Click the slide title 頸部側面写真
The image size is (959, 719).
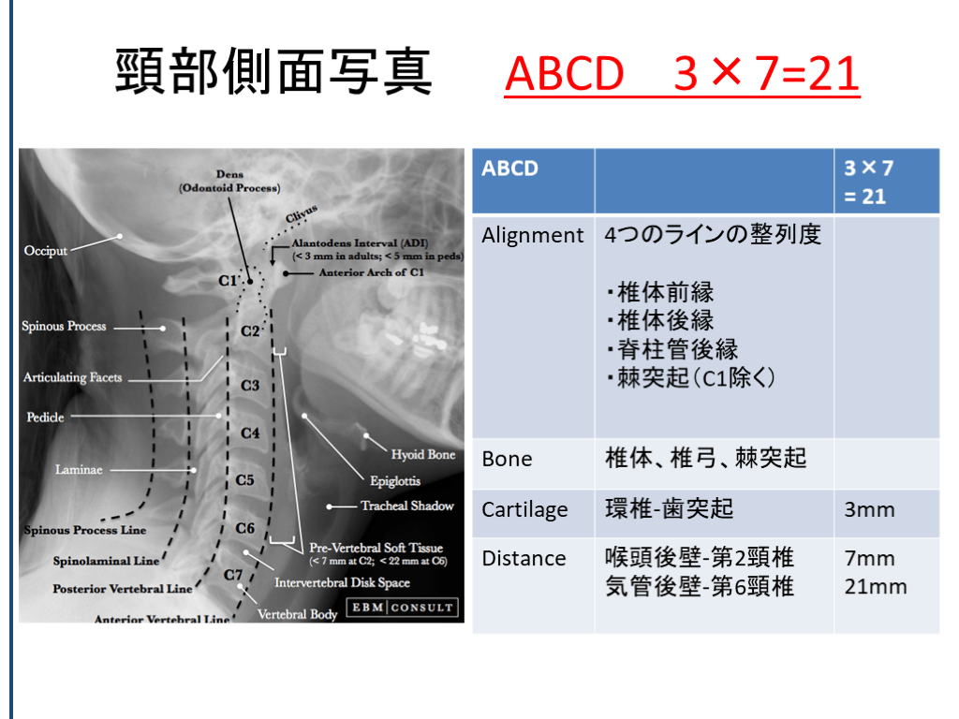pos(273,72)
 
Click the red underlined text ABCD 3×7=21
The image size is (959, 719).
pos(682,74)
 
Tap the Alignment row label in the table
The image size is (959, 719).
pos(532,235)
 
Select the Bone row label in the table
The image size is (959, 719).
pos(507,459)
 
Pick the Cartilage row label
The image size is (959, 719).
pos(524,510)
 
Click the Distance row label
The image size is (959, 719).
pos(524,558)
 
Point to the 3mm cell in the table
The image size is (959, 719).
pos(869,510)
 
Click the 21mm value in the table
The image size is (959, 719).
pos(876,587)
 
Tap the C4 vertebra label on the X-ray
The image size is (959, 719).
pos(249,433)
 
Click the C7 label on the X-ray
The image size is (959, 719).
pos(233,576)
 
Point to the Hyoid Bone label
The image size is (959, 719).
pos(423,454)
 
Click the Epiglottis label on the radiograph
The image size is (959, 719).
pos(395,481)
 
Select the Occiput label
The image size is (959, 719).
pos(45,251)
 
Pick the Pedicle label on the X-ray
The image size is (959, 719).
pos(45,417)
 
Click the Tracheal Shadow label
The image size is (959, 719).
pos(406,506)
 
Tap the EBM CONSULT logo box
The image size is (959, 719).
pos(403,607)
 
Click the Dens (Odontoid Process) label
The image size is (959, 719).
pos(229,181)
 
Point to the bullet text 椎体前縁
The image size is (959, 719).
pos(660,292)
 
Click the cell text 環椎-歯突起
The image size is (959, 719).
pos(669,508)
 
